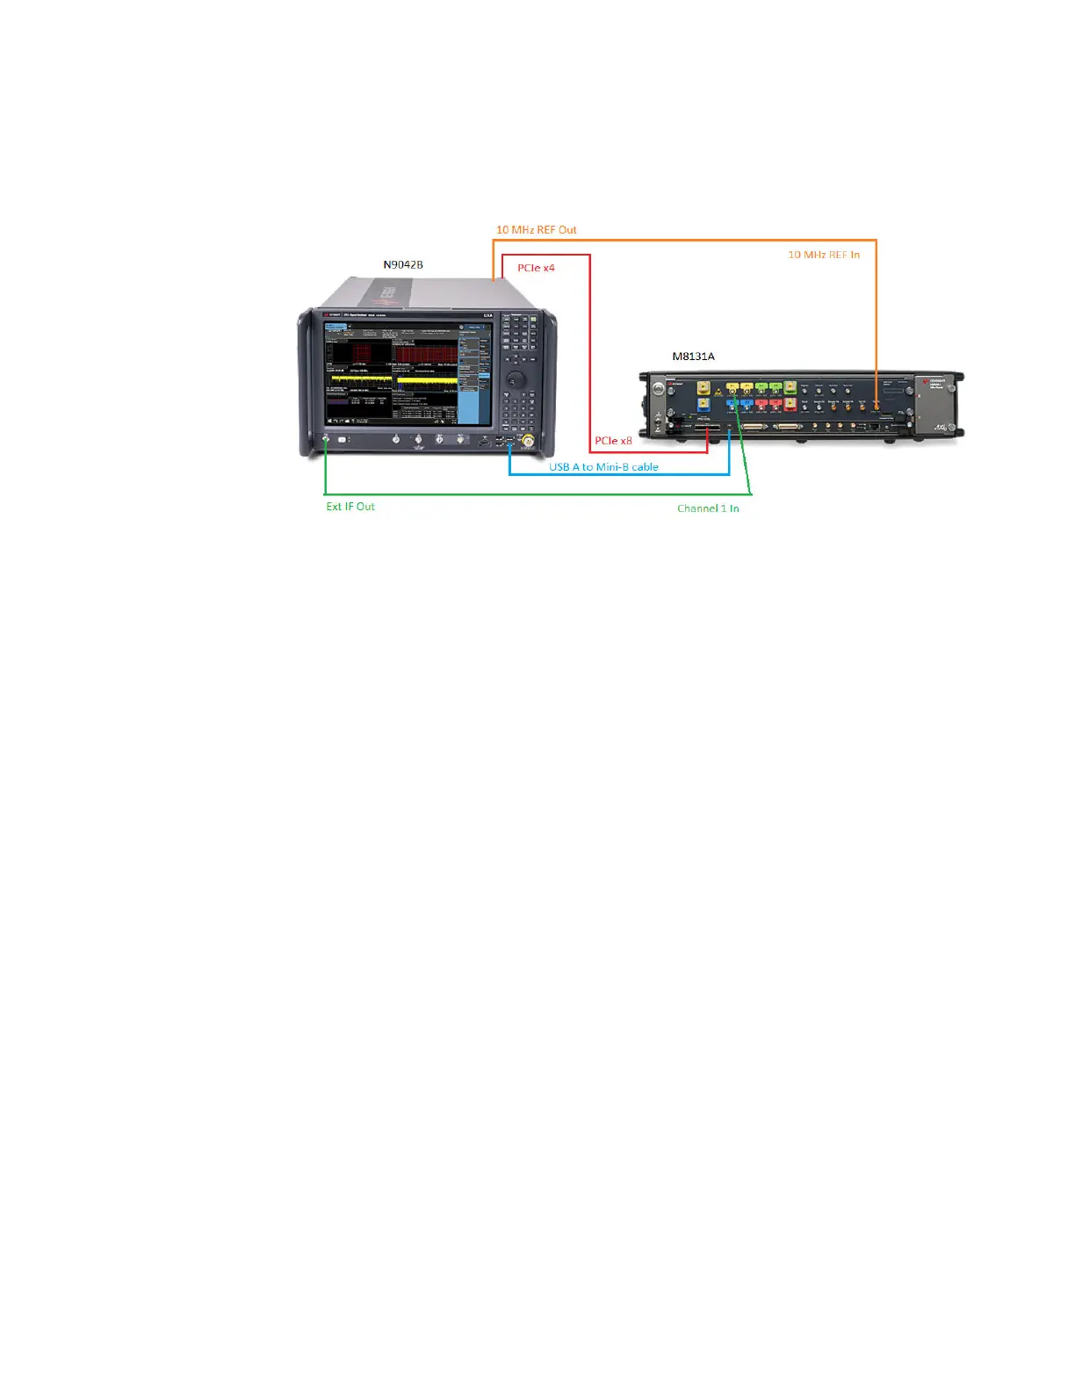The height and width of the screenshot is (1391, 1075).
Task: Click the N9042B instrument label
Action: click(403, 264)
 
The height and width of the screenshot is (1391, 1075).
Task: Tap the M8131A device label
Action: click(693, 356)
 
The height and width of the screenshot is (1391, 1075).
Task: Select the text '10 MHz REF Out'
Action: click(536, 230)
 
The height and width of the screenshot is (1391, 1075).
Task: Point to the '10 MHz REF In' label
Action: click(823, 255)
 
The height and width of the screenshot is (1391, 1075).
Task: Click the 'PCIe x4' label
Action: click(536, 268)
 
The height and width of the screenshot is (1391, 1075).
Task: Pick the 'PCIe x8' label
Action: click(613, 441)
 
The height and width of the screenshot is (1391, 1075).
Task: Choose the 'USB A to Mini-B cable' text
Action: click(603, 467)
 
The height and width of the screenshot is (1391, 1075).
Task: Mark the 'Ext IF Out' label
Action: click(350, 507)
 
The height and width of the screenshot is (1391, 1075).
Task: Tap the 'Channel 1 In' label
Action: click(708, 508)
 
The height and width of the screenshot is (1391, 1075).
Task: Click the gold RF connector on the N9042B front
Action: click(528, 441)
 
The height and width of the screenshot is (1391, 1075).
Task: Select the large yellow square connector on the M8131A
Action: click(703, 387)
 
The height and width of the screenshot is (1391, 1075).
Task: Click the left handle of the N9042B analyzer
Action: click(306, 382)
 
